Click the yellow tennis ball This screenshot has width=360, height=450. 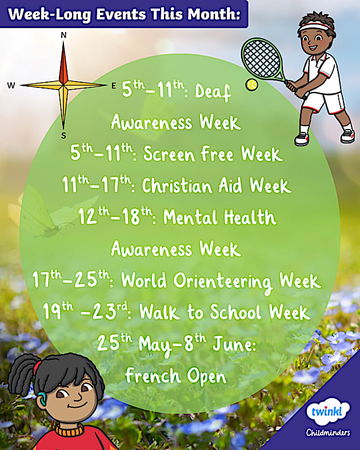pos(251,85)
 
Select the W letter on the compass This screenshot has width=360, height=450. pos(11,86)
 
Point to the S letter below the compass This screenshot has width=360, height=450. pos(63,135)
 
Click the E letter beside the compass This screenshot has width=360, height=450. pos(114,86)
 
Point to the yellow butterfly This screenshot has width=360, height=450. pos(43,211)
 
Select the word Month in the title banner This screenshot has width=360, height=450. pos(207,14)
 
